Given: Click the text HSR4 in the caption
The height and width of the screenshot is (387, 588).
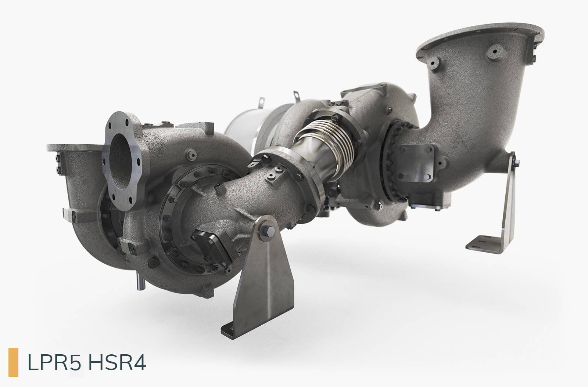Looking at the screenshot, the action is [x=117, y=362].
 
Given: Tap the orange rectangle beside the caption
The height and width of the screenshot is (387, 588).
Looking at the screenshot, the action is [x=13, y=362].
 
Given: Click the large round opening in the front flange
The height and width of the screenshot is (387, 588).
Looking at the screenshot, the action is [x=121, y=161].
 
